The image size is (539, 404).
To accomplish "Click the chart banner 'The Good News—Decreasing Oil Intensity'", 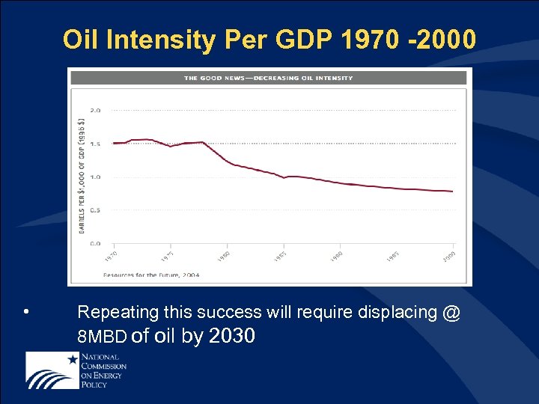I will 268,77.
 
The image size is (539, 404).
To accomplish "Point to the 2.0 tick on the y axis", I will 96,110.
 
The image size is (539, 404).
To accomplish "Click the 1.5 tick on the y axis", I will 96,143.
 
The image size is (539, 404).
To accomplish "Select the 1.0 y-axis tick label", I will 96,177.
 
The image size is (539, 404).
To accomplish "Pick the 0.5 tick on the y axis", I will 96,210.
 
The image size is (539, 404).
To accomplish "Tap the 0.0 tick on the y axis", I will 96,243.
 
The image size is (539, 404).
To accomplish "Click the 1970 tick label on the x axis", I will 110,256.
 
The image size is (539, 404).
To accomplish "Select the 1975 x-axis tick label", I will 167,256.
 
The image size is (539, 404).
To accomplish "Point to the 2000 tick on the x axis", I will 448,256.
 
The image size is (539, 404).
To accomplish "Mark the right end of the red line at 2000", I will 453,192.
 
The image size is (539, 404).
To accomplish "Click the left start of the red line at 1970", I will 114,143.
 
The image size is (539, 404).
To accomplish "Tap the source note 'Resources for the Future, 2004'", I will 151,275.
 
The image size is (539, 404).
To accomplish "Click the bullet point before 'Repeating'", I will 26,311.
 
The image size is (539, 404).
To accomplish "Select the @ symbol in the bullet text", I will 451,312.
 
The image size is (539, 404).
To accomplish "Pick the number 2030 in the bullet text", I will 233,337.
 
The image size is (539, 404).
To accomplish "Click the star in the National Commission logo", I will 73,360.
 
